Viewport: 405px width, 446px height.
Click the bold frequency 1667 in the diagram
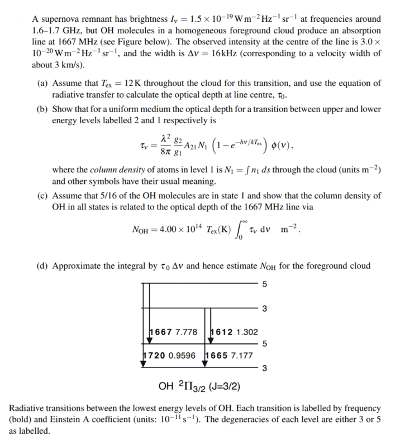coord(162,332)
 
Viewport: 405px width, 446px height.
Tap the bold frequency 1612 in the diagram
coord(221,332)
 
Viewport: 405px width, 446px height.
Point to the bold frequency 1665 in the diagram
coord(217,355)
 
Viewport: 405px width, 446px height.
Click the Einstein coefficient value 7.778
coord(186,332)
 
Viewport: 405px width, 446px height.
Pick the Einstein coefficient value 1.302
coord(245,332)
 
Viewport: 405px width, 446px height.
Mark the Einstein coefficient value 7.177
coord(241,355)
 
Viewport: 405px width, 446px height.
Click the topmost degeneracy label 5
coord(264,284)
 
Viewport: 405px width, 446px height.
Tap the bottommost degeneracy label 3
coord(264,367)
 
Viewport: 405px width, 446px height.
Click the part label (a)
coord(43,83)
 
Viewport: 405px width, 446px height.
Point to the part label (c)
coord(43,196)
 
